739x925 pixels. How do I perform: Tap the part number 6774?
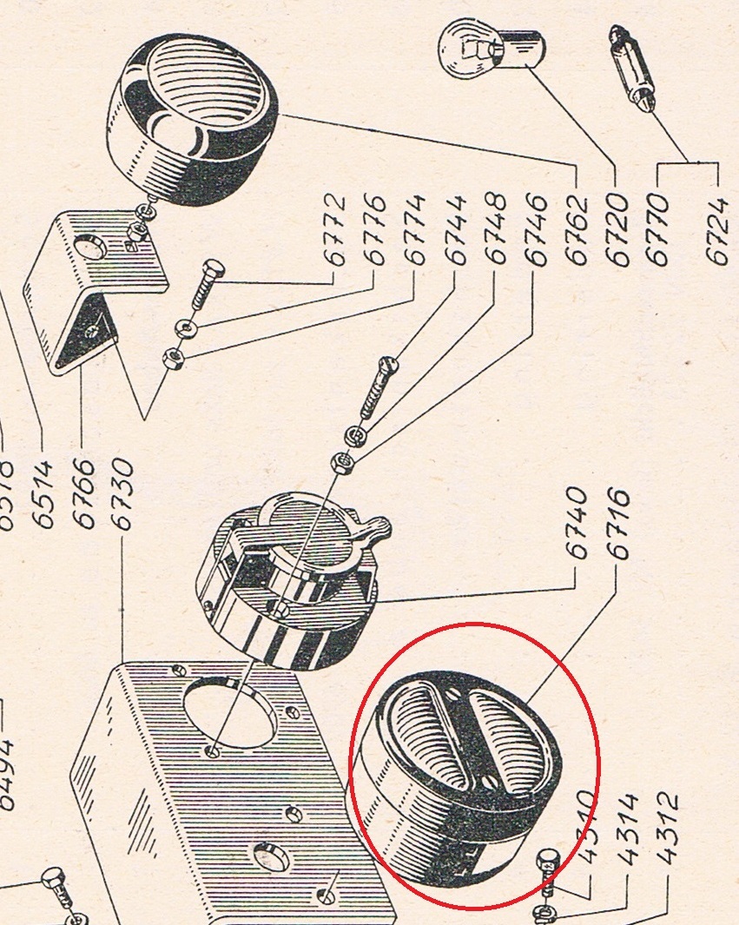(x=414, y=230)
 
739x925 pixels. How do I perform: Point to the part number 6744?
(x=456, y=230)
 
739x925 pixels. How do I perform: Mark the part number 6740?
(x=577, y=521)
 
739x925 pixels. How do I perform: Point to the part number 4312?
(x=667, y=829)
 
